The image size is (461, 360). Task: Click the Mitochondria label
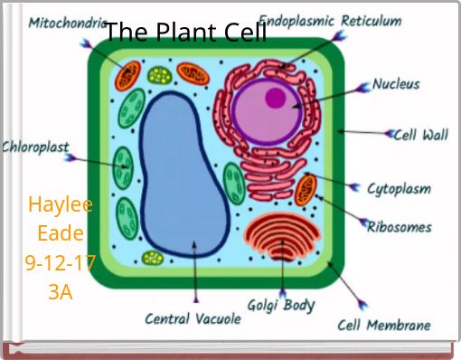67,23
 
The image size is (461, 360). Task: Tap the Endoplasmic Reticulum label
330,22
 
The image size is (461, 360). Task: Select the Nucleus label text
396,84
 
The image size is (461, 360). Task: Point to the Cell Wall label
421,135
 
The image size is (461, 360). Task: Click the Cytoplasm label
399,189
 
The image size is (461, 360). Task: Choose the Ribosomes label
400,227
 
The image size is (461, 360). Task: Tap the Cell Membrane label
384,325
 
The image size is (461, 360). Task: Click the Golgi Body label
281,305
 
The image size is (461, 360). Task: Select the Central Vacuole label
193,318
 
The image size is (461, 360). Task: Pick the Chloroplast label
35,147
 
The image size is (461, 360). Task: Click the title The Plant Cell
186,32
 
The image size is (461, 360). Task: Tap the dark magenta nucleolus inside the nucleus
275,98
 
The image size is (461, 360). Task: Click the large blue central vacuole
183,175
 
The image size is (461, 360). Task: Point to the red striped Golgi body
282,236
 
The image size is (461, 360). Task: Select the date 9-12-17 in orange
61,263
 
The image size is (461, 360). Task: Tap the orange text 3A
61,292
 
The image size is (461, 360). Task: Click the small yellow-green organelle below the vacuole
153,258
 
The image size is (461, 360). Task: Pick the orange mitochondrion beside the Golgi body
306,190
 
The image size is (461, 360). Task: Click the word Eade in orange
61,233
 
